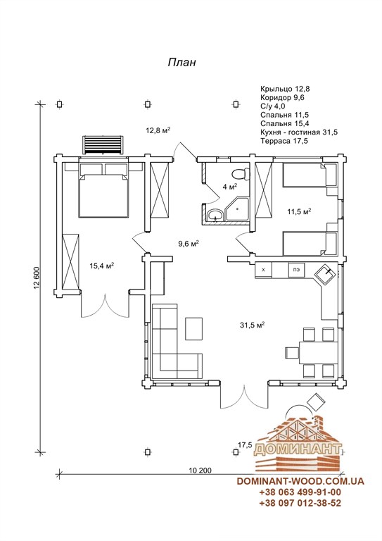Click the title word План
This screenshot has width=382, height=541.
click(x=182, y=62)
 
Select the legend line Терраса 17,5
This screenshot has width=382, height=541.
click(x=284, y=141)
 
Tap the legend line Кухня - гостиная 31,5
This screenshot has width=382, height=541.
click(x=299, y=132)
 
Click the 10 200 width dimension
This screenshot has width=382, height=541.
click(x=200, y=470)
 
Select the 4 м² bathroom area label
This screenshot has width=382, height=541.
click(x=230, y=187)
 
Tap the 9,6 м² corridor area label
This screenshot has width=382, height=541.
click(x=189, y=244)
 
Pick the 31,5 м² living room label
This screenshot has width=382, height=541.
click(x=252, y=325)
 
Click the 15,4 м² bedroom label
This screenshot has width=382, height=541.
click(x=102, y=266)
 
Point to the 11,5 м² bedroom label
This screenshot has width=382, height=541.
click(x=299, y=211)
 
